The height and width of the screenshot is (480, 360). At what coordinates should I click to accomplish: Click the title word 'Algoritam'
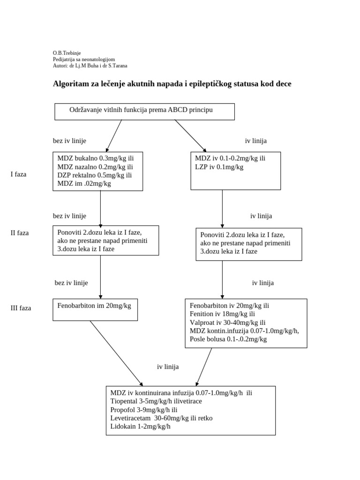click(x=70, y=84)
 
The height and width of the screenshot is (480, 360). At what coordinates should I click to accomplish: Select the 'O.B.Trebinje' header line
click(x=67, y=53)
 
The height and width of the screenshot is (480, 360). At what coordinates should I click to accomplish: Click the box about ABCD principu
click(x=144, y=111)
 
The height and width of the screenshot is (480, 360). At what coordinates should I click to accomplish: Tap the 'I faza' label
click(x=19, y=174)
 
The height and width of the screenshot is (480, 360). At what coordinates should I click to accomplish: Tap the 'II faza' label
click(x=20, y=232)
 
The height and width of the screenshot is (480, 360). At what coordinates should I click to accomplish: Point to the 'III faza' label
click(x=21, y=308)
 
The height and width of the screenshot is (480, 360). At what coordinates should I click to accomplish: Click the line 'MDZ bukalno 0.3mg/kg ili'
click(x=96, y=158)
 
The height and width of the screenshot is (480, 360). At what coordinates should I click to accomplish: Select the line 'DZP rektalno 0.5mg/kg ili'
click(x=95, y=175)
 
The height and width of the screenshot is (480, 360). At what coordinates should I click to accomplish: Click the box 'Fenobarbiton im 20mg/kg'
click(x=95, y=309)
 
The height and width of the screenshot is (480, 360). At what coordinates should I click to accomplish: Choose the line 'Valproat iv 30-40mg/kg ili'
click(x=227, y=322)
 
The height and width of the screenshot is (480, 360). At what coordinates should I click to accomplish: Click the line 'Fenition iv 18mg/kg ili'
click(x=222, y=314)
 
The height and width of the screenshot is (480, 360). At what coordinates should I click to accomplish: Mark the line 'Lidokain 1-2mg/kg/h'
click(x=141, y=427)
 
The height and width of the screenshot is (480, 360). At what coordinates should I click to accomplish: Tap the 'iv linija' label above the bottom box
click(x=168, y=367)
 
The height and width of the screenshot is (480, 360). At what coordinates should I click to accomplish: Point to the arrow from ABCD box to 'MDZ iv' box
click(x=190, y=135)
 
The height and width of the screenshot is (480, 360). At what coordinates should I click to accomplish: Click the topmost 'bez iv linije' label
click(x=69, y=141)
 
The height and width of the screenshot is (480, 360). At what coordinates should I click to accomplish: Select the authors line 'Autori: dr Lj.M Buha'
click(x=90, y=66)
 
